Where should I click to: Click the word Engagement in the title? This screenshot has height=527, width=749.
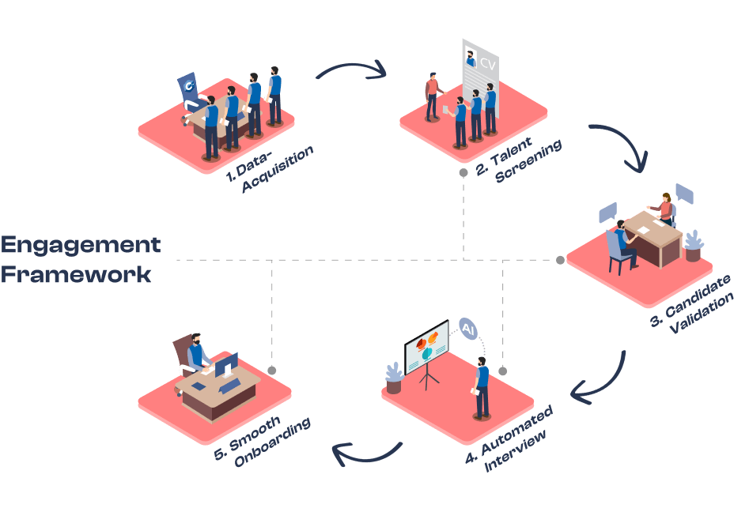[80, 244]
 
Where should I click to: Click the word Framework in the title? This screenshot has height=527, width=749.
[76, 274]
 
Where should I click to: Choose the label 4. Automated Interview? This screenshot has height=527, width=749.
[508, 439]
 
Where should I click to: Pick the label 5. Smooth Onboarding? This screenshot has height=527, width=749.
[262, 442]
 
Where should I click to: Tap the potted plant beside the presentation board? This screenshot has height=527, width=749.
[394, 378]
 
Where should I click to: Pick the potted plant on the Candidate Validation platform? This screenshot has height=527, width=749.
[693, 245]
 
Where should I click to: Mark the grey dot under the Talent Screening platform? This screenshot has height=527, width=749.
[463, 171]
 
